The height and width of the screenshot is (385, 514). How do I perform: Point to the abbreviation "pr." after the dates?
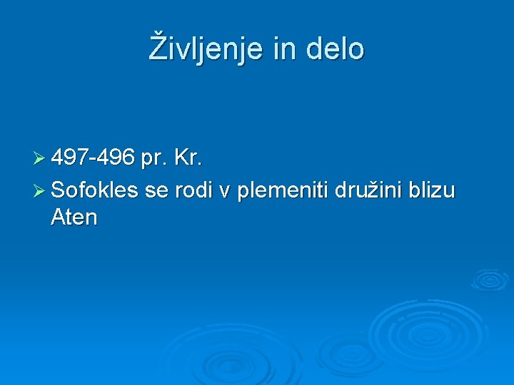tap(154, 160)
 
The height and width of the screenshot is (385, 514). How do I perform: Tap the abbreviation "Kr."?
tap(188, 158)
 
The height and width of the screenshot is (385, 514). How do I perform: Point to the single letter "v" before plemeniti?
tap(225, 191)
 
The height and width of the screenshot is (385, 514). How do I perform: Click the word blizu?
tap(430, 190)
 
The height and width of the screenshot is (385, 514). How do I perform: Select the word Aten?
tap(74, 217)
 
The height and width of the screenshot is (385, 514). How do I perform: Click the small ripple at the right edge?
tap(490, 279)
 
